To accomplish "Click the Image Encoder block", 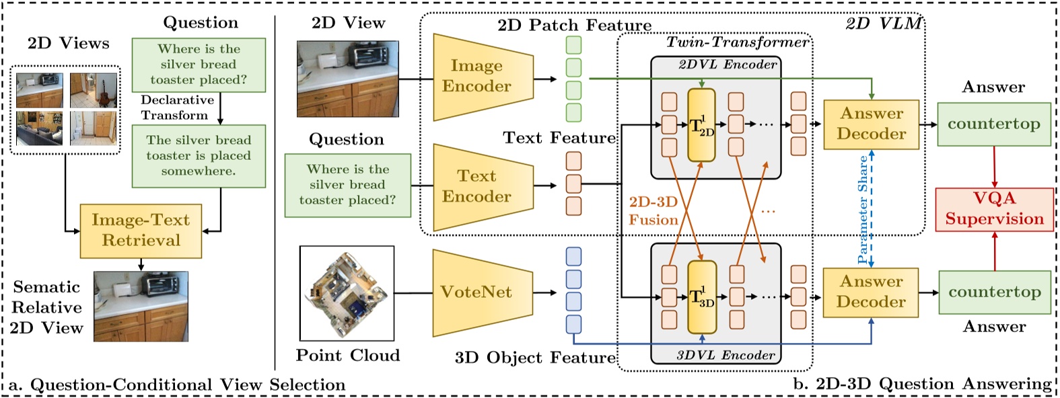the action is pyautogui.click(x=483, y=77).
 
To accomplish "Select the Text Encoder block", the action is pyautogui.click(x=483, y=187).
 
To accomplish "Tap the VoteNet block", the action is pyautogui.click(x=483, y=293).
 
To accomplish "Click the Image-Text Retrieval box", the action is pyautogui.click(x=141, y=231).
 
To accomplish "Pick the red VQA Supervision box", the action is pyautogui.click(x=995, y=209).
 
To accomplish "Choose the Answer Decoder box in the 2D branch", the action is pyautogui.click(x=871, y=124).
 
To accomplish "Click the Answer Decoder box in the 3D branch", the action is pyautogui.click(x=871, y=292).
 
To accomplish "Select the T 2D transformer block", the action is pyautogui.click(x=701, y=125).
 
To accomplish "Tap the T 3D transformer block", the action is pyautogui.click(x=702, y=297).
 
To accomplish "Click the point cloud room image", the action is pyautogui.click(x=347, y=293).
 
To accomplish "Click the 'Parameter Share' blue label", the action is pyautogui.click(x=863, y=209).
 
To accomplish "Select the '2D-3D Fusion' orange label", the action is pyautogui.click(x=653, y=211).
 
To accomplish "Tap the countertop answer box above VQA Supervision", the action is pyautogui.click(x=994, y=124).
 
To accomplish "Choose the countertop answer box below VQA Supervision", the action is pyautogui.click(x=995, y=292).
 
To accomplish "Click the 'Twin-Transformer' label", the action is pyautogui.click(x=737, y=42).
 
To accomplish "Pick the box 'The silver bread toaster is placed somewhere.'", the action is pyautogui.click(x=199, y=156).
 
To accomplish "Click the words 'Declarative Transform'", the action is pyautogui.click(x=177, y=108).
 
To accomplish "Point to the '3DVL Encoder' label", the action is pyautogui.click(x=726, y=356).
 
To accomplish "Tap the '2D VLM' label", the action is pyautogui.click(x=884, y=23).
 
